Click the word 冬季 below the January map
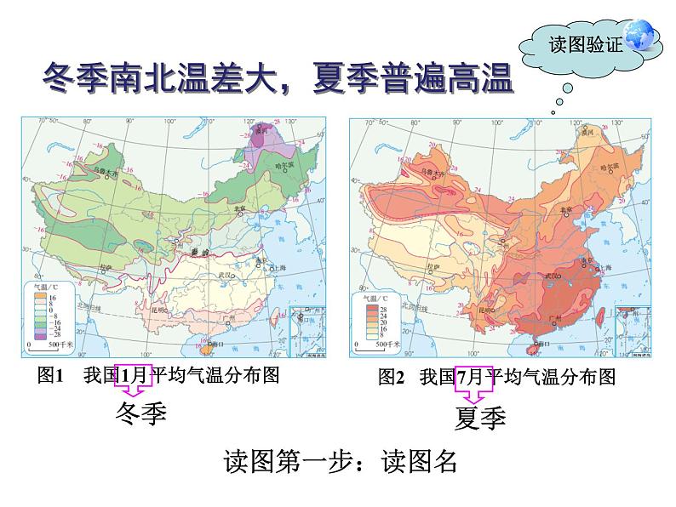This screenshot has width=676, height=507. tap(140, 413)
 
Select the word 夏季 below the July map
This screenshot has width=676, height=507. tap(479, 419)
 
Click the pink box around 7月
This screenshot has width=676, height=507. tap(474, 377)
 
